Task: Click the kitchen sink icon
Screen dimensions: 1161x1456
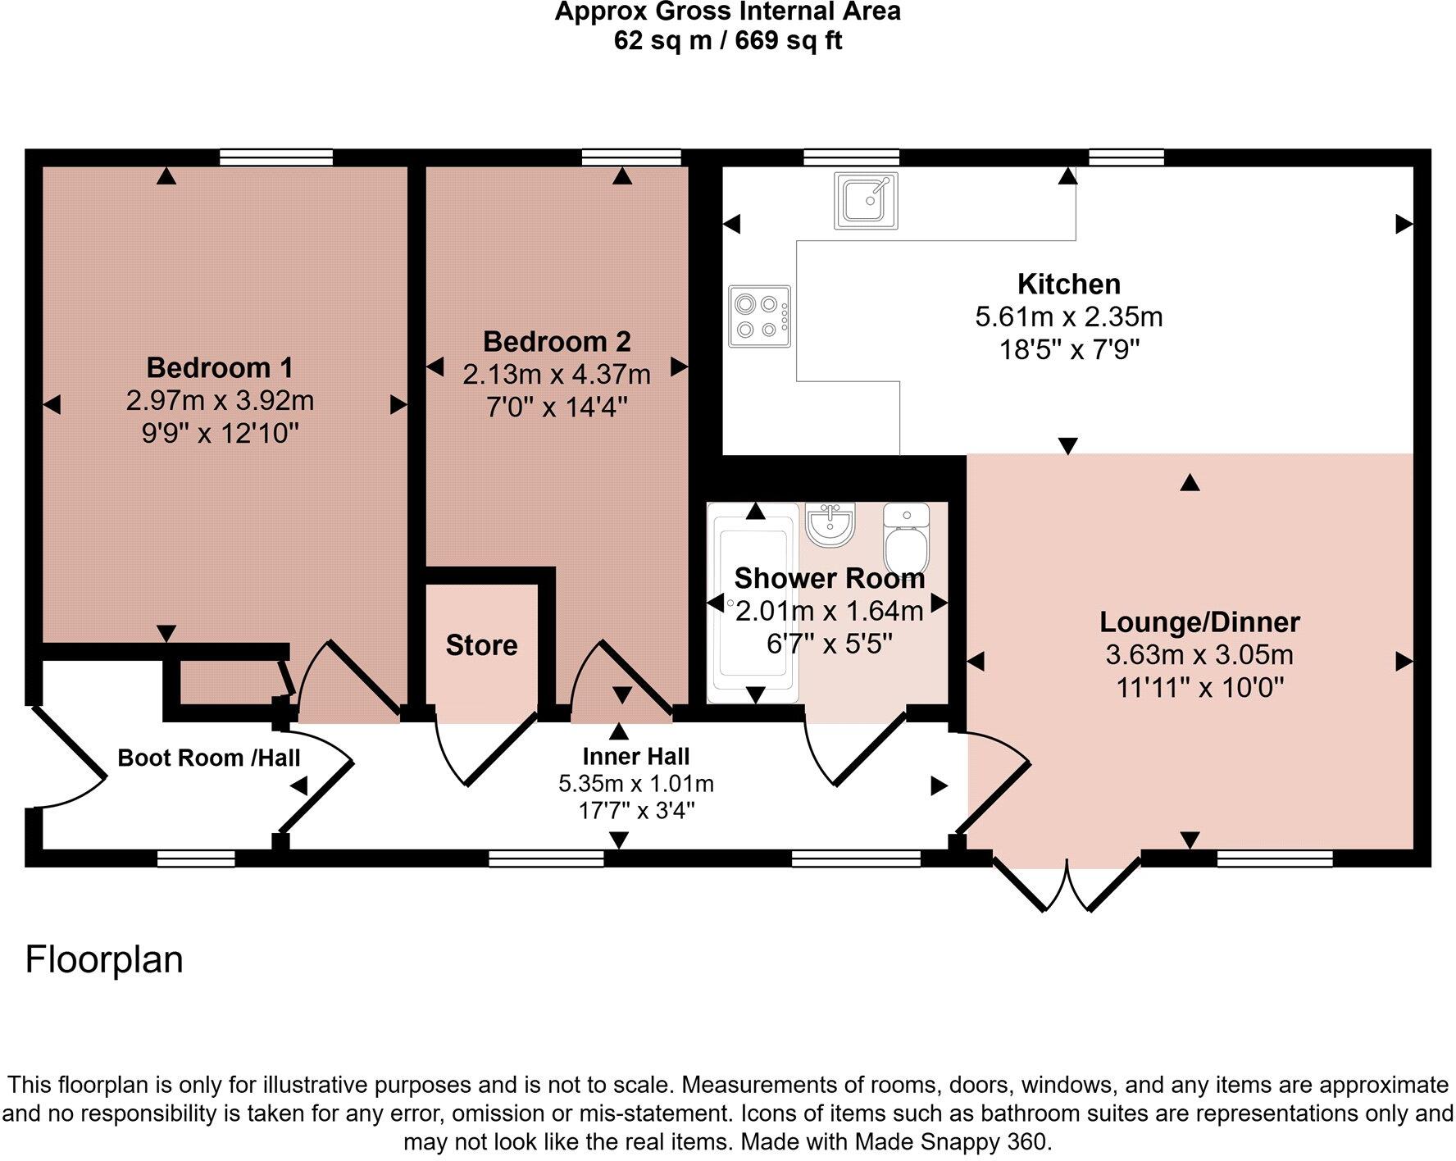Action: point(866,200)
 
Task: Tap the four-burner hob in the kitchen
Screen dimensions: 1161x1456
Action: point(759,316)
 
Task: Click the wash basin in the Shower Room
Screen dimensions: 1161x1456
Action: point(830,524)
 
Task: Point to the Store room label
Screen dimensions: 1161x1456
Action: point(481,645)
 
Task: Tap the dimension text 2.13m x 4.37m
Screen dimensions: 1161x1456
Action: point(556,375)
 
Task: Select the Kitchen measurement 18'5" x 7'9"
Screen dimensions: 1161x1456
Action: point(1069,350)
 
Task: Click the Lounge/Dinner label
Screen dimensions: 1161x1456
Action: point(1199,621)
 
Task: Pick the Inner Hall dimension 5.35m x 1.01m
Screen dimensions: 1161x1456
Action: point(635,784)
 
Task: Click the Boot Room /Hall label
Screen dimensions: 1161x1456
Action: point(208,758)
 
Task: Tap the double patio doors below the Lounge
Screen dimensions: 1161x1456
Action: point(1067,886)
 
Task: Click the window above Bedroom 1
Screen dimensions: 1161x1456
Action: point(276,157)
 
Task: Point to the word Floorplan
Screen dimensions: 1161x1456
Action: point(104,959)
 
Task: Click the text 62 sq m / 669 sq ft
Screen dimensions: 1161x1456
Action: point(727,41)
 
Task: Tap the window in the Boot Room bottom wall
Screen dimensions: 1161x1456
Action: point(196,858)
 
